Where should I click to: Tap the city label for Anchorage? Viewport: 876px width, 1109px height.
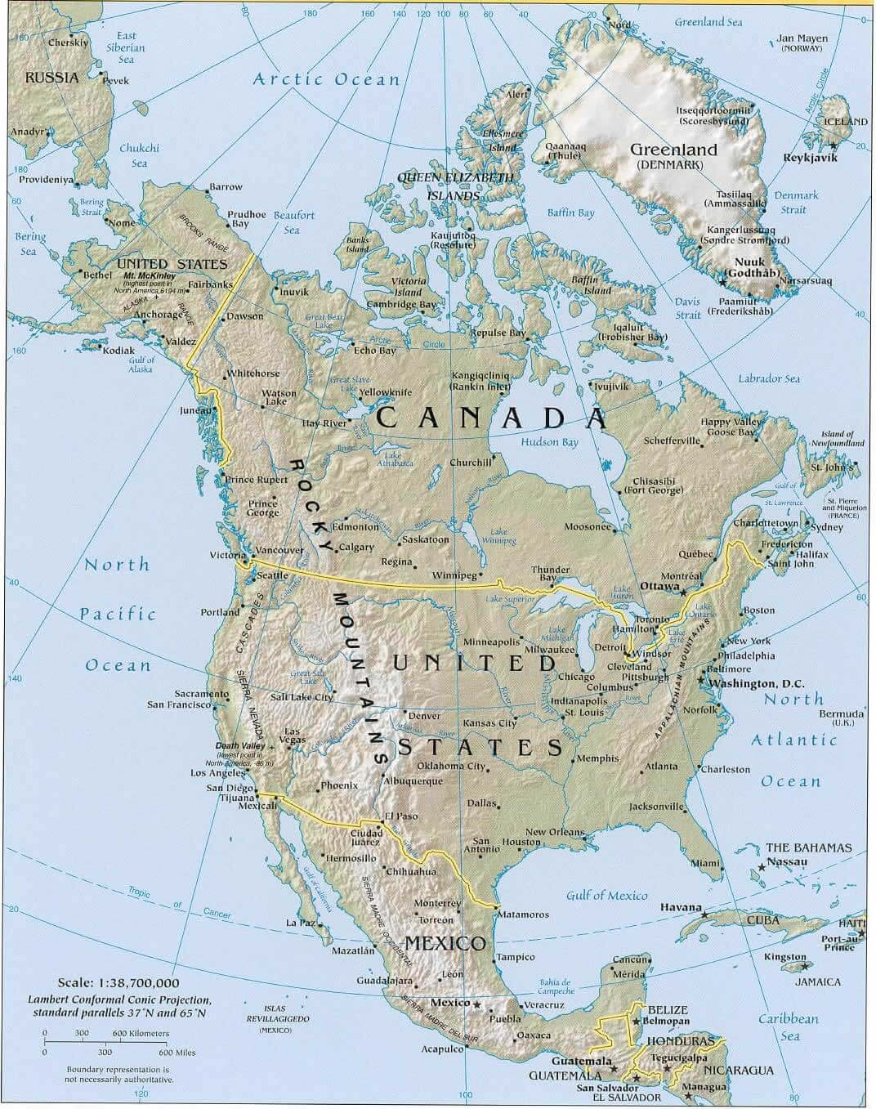click(x=158, y=315)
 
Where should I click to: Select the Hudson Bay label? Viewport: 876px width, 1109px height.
click(x=549, y=442)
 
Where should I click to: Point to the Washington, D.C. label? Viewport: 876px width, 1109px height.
click(x=756, y=683)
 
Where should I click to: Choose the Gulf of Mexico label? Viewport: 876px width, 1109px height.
click(x=606, y=896)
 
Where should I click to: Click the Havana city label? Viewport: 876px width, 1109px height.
click(x=681, y=907)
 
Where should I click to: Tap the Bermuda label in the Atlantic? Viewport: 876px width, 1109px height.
click(x=841, y=713)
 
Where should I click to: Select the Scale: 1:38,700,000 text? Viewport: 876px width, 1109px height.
click(x=118, y=983)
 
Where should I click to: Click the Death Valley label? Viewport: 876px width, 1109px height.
click(x=239, y=746)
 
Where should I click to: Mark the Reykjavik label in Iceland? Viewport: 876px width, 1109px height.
click(x=811, y=158)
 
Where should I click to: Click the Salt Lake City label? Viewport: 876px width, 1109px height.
click(x=302, y=697)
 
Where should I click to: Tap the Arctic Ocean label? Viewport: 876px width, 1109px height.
click(x=326, y=79)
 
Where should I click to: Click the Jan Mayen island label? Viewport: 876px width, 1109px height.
click(x=802, y=38)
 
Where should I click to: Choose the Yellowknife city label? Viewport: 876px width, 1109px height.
click(x=386, y=392)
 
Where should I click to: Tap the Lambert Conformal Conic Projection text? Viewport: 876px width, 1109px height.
click(x=119, y=999)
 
